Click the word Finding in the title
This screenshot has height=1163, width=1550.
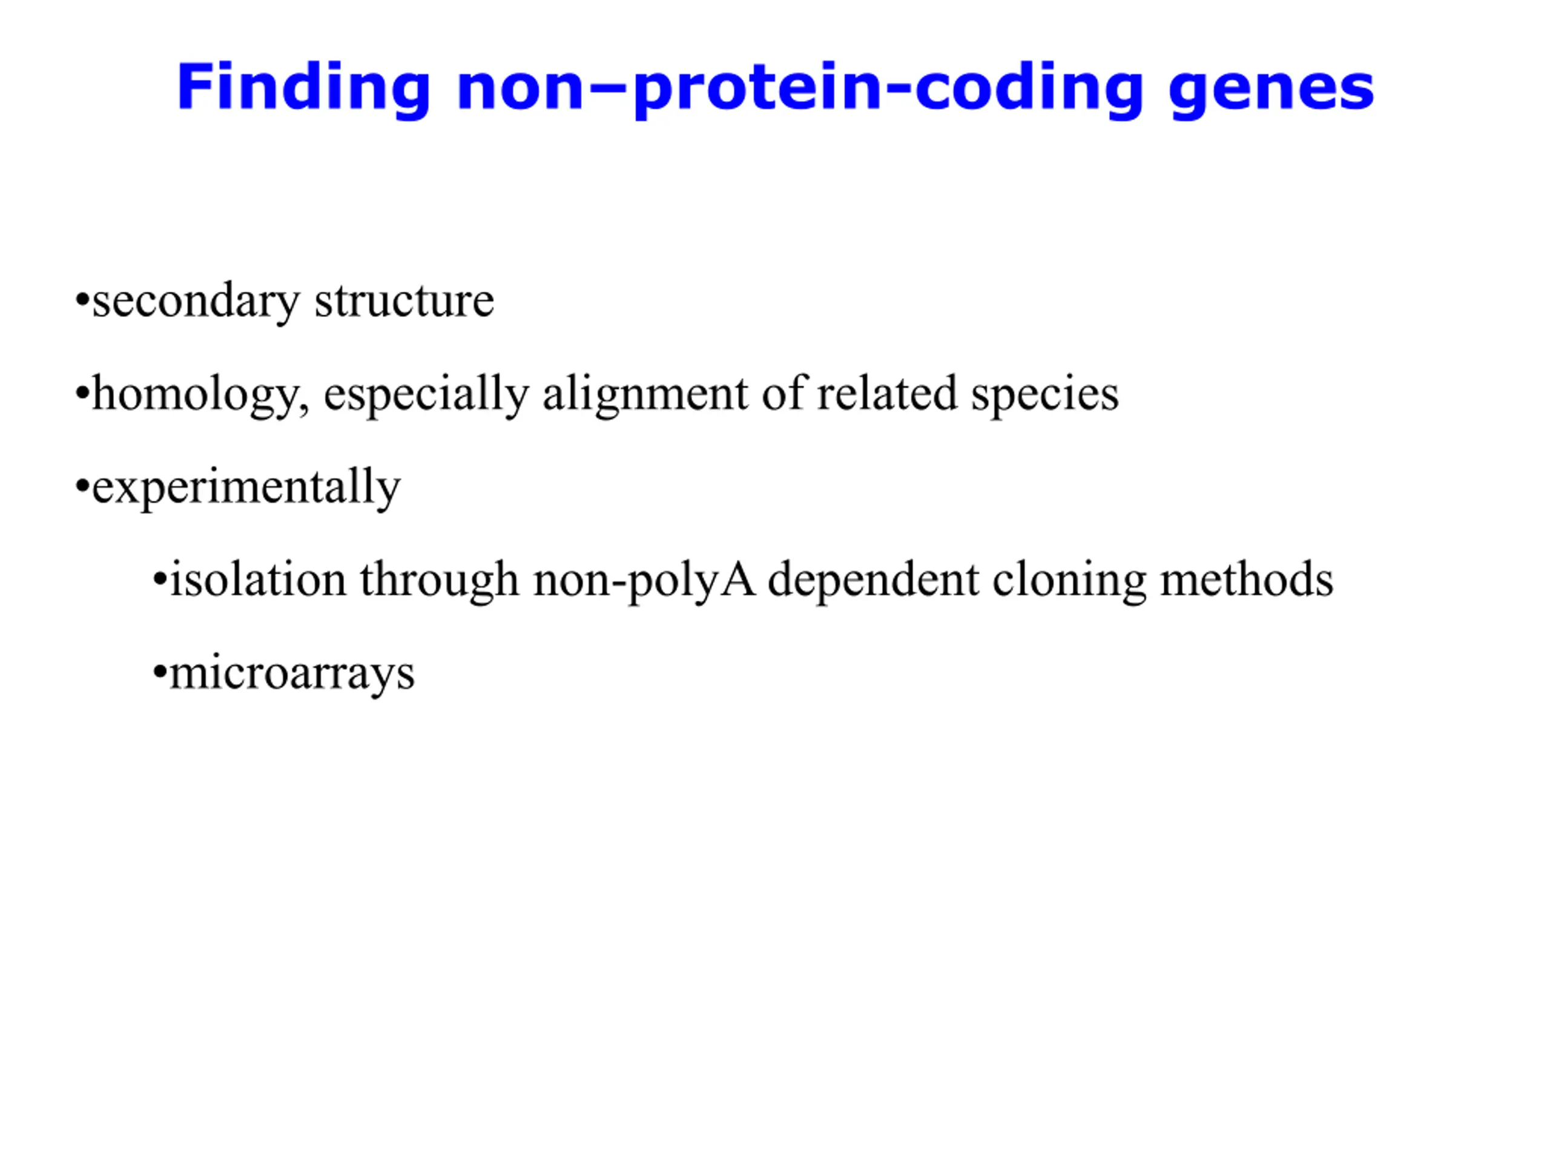coord(303,87)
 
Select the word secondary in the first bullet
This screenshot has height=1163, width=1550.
coord(196,302)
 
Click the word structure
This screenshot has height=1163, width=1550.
coord(404,302)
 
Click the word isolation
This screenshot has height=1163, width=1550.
coord(259,580)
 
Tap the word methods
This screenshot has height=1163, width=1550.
coord(1247,580)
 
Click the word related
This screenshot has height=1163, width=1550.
coord(887,393)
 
